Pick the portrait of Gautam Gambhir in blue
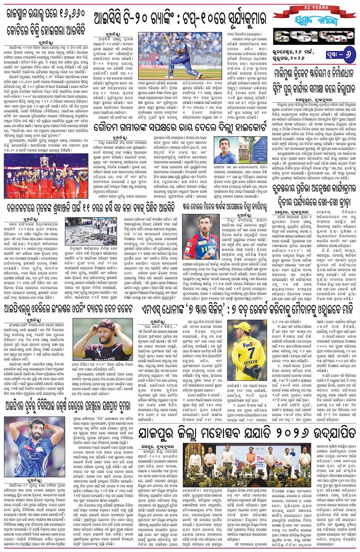(226, 150)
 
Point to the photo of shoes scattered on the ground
(91, 231)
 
